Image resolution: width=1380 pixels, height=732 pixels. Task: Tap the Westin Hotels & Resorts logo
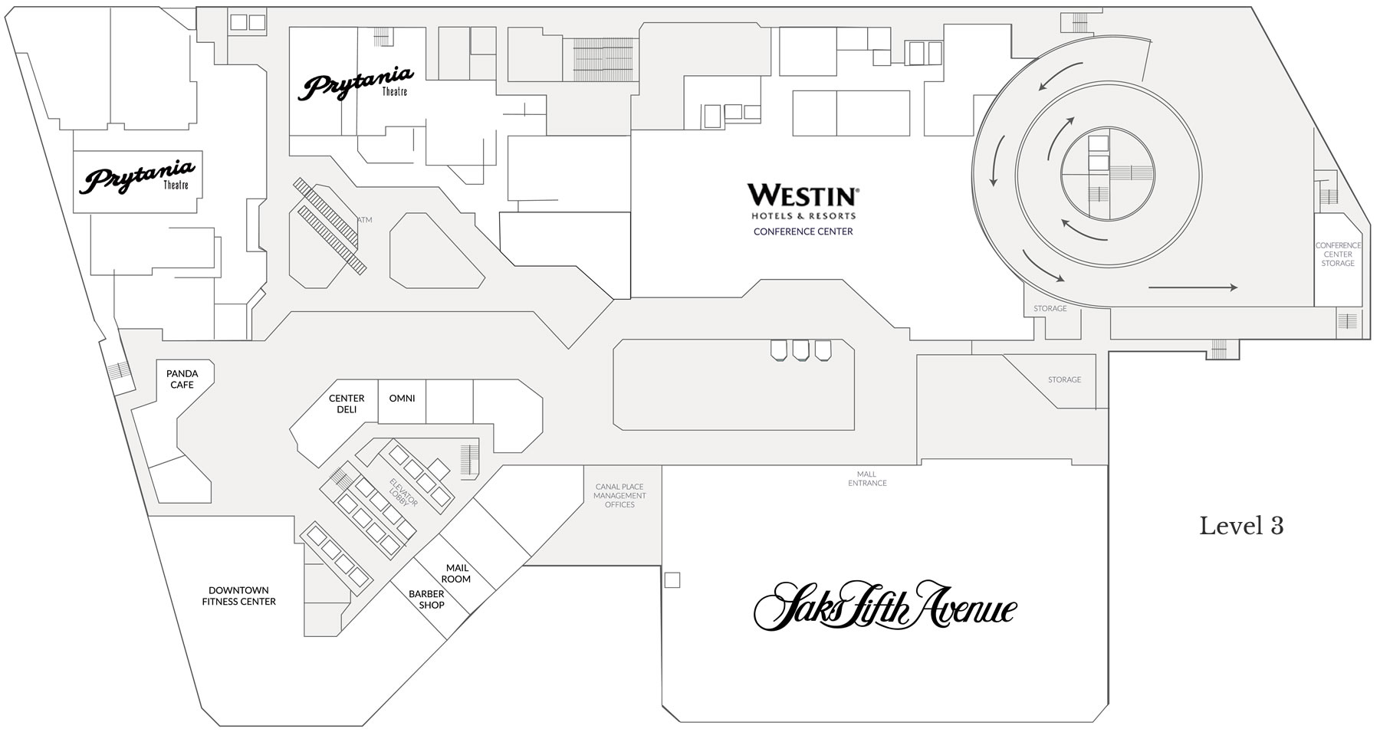click(803, 202)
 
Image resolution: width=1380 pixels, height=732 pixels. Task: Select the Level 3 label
click(1241, 526)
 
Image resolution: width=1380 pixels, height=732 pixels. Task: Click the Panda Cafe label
click(182, 379)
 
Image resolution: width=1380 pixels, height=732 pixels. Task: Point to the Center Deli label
click(347, 404)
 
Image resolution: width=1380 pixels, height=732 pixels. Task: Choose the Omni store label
click(402, 399)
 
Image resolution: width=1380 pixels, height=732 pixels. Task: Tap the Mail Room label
click(457, 573)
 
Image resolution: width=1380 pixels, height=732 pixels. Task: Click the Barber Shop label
click(427, 599)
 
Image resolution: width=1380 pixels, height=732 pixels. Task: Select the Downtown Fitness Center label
click(239, 596)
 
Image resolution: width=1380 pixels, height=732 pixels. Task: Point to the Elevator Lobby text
click(404, 492)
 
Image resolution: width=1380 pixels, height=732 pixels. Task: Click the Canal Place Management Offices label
click(619, 495)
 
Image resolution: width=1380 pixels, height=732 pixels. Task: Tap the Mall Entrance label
click(867, 478)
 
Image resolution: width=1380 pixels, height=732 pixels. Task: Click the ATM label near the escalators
click(364, 220)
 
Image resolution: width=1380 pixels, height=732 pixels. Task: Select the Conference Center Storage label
click(1338, 254)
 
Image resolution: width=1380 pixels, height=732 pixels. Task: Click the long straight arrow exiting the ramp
click(1193, 288)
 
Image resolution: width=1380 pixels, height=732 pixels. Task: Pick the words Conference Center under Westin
click(803, 231)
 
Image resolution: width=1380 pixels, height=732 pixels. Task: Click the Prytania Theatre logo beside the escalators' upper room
click(356, 83)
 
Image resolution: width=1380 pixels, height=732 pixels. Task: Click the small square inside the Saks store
click(672, 580)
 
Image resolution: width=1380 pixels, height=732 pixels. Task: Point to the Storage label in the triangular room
click(1064, 379)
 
